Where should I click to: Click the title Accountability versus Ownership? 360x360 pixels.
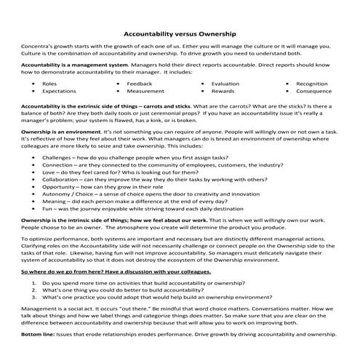[180, 33]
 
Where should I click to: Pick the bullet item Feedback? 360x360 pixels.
[139, 84]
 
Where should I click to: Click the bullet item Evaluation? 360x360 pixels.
[225, 84]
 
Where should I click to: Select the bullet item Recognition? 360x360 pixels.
[312, 84]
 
